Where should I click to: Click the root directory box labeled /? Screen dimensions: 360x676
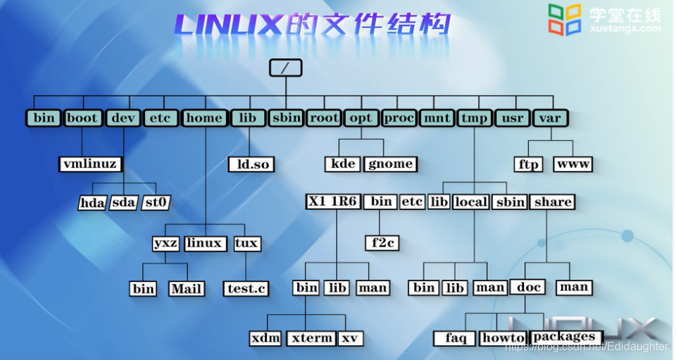[x=285, y=68]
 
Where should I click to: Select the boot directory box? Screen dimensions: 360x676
[x=83, y=118]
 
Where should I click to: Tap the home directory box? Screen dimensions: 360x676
[x=204, y=118]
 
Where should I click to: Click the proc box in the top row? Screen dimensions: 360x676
[x=399, y=118]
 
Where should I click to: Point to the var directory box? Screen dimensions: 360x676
[x=550, y=118]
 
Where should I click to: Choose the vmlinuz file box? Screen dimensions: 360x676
[x=90, y=164]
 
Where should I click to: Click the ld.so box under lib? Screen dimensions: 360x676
[x=251, y=164]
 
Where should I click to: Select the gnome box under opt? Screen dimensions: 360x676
[x=391, y=164]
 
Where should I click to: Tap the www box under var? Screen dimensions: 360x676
[x=572, y=164]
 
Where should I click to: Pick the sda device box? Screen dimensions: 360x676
[x=124, y=203]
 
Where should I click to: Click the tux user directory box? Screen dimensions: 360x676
[x=246, y=244]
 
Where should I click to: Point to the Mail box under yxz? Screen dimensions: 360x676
[x=187, y=288]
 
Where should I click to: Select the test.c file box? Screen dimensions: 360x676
[x=246, y=288]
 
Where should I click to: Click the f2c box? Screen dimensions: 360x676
[x=382, y=243]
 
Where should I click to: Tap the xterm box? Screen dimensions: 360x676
[x=311, y=338]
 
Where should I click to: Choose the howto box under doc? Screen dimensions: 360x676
[x=503, y=338]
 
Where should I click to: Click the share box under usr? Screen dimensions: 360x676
[x=553, y=202]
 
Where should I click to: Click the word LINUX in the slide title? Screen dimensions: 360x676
[x=227, y=25]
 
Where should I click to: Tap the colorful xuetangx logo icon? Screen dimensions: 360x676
[x=565, y=19]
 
